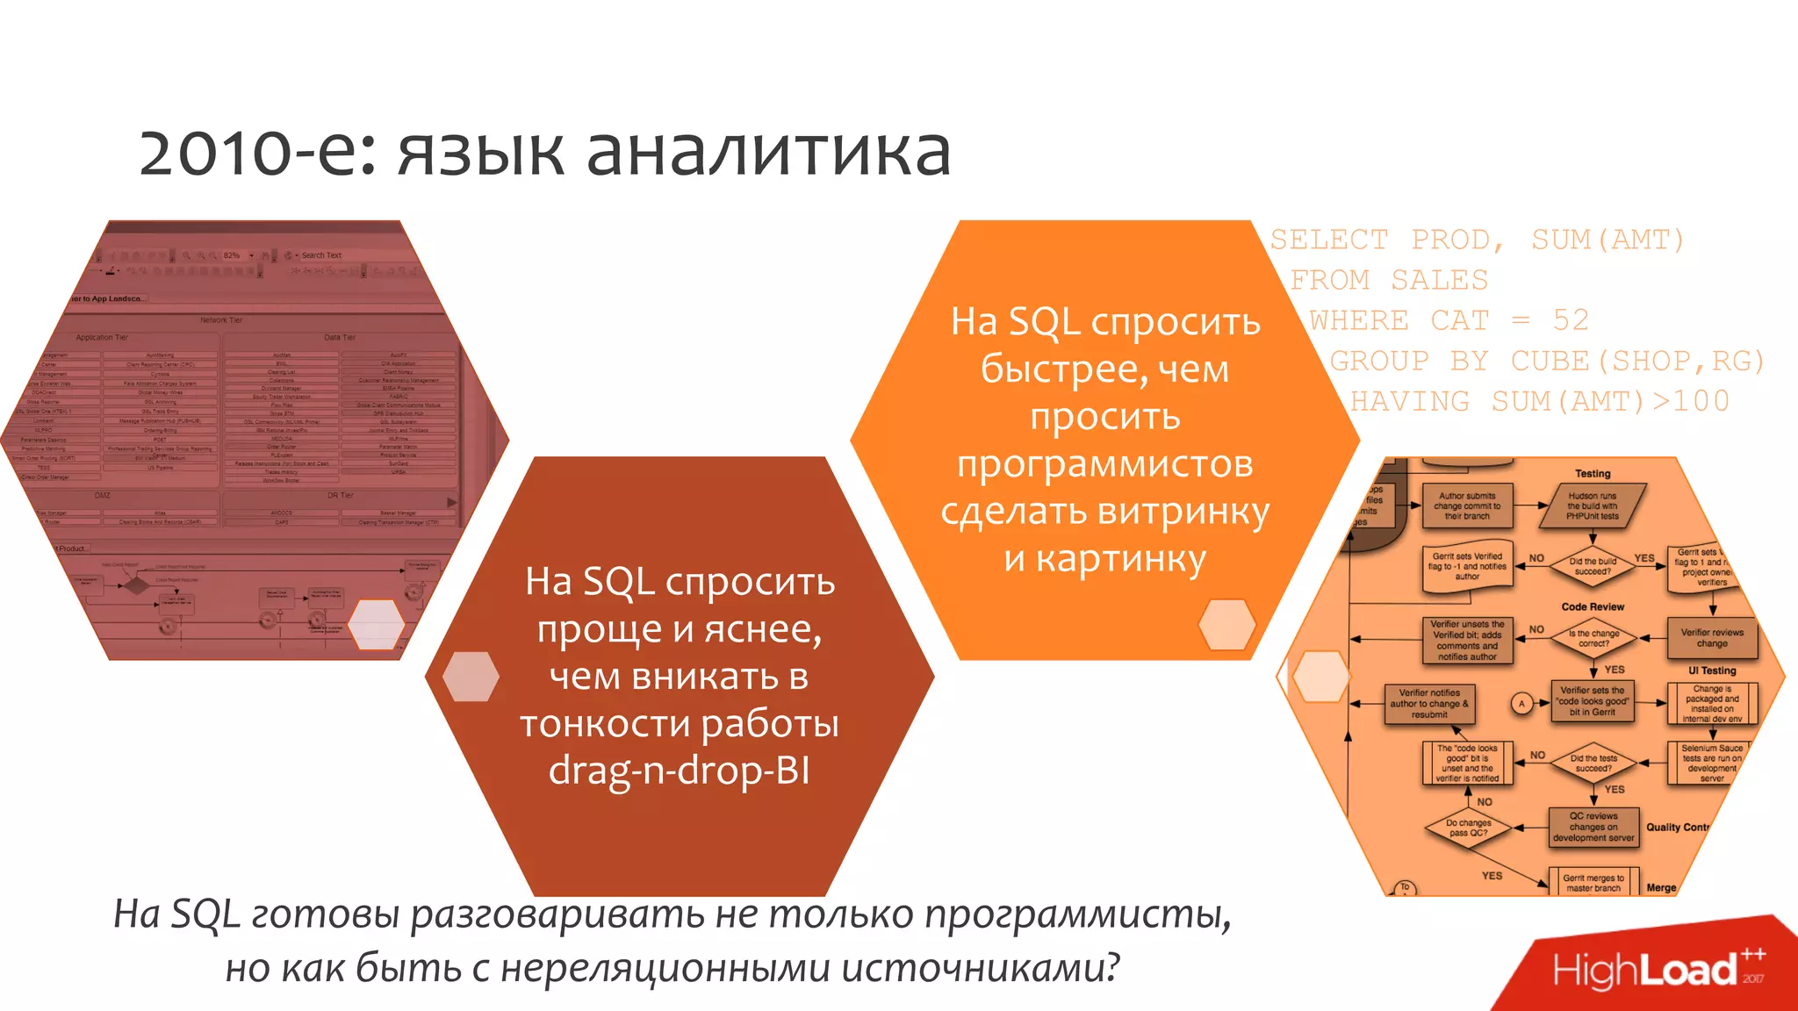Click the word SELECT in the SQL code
coord(1329,240)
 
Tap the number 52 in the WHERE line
coord(1571,320)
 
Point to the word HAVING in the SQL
coord(1409,401)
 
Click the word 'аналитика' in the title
coord(768,152)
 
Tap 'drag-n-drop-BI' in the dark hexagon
coord(679,771)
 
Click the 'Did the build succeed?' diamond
coord(1593,566)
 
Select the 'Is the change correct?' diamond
coord(1593,638)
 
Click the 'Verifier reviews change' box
coord(1712,637)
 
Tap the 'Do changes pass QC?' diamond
coord(1469,828)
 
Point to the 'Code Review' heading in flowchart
coord(1593,606)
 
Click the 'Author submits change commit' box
coord(1467,505)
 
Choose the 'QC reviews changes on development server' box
coord(1593,827)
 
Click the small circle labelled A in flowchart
coord(1522,703)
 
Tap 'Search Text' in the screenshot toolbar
coord(321,255)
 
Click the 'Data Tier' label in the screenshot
coord(340,337)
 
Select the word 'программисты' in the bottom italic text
coord(1078,914)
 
